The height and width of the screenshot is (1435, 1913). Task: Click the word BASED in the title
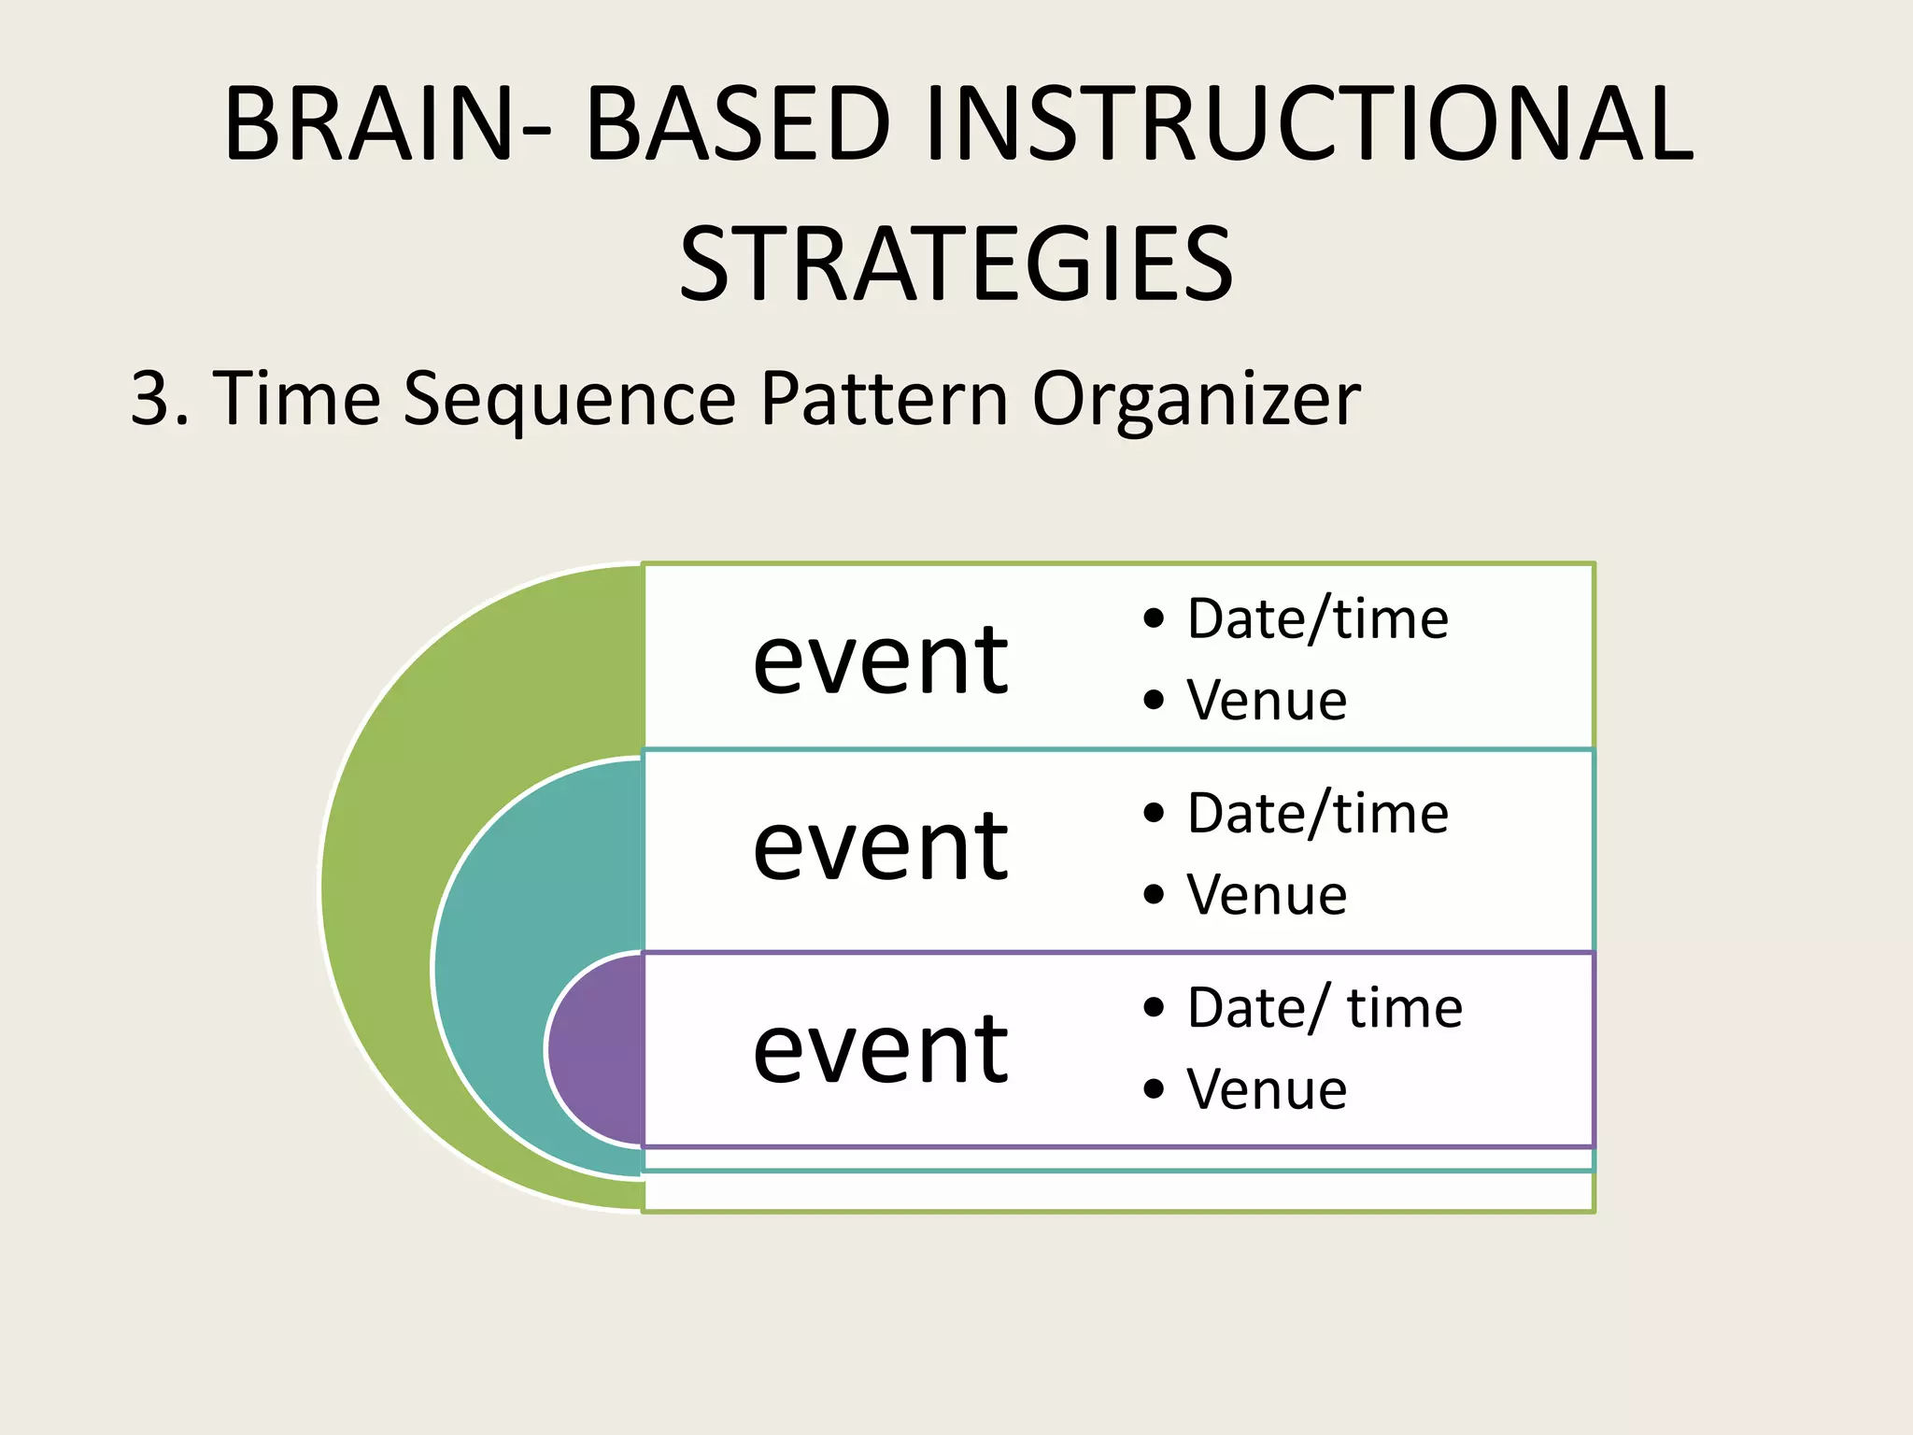[738, 124]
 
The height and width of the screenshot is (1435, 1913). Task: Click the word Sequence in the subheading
[569, 399]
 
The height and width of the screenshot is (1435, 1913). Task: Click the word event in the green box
[880, 661]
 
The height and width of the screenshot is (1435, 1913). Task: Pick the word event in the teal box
[880, 845]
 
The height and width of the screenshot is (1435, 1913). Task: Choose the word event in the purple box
[880, 1049]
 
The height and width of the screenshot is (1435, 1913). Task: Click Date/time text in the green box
[1317, 619]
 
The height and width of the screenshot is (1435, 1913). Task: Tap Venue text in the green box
[1267, 701]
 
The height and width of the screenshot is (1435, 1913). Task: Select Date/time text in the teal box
[1317, 814]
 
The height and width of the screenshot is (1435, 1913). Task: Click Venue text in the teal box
[1267, 895]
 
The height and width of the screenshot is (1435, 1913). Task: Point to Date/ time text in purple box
[1325, 1008]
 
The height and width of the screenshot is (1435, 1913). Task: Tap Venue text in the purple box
[1267, 1089]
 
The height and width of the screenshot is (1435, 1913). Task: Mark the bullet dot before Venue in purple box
[1154, 1089]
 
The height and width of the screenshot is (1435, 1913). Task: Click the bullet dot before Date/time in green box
[1154, 618]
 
